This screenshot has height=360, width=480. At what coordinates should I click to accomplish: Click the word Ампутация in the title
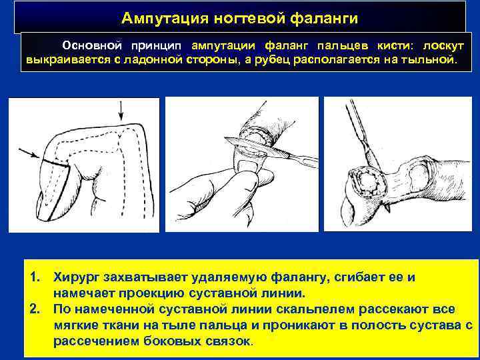point(165,18)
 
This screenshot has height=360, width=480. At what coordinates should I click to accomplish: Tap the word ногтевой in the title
point(249,18)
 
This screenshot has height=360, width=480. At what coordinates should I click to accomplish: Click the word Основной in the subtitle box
point(92,45)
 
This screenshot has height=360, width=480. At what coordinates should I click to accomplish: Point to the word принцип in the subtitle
point(156,46)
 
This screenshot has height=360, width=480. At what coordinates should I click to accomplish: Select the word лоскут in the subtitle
point(443,46)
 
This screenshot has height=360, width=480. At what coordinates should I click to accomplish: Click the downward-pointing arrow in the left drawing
point(121,111)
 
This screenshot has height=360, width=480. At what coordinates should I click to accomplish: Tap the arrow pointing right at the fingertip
point(29,153)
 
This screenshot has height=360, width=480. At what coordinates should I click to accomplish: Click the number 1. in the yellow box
point(35,277)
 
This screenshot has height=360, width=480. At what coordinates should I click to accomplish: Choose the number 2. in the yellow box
point(35,309)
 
